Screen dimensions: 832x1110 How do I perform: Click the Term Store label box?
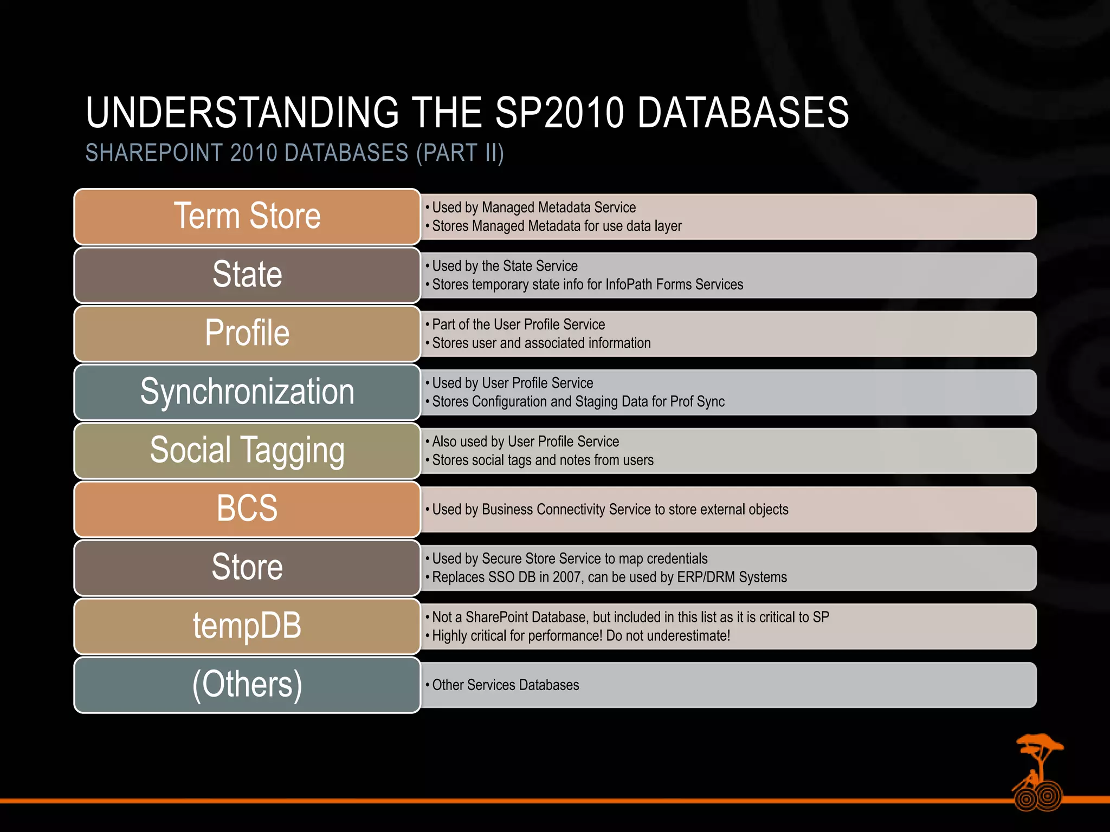[x=247, y=217]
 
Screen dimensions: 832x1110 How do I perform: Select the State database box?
[x=247, y=275]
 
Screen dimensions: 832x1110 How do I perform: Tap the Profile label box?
[x=247, y=333]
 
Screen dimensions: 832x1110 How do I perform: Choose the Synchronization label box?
[x=247, y=392]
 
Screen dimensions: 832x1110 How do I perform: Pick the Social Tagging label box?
[x=247, y=450]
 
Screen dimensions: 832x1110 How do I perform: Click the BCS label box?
[x=247, y=509]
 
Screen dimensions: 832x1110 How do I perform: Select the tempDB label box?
[x=247, y=626]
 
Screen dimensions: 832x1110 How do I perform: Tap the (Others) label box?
[x=247, y=684]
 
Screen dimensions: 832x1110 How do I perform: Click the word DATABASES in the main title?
[x=743, y=113]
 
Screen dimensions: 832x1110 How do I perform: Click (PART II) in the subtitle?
[x=460, y=153]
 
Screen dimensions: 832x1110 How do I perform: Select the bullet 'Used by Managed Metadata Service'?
[x=533, y=207]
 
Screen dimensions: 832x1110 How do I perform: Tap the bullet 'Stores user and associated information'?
[x=541, y=343]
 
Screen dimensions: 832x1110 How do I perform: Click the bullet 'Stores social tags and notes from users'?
[x=543, y=460]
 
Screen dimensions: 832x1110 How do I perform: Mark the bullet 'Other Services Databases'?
[x=505, y=685]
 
